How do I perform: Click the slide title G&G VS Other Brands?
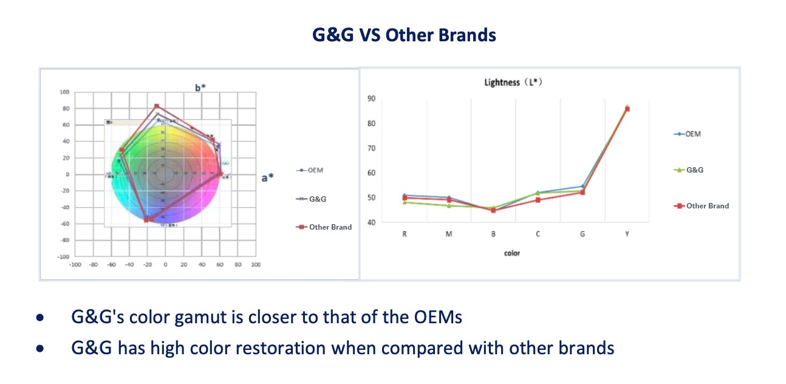pos(404,35)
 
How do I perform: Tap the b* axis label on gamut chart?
pos(201,87)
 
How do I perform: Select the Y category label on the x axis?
pos(627,234)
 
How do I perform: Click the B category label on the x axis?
pos(493,234)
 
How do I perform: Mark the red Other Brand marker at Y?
pos(627,109)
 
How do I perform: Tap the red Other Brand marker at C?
pos(538,200)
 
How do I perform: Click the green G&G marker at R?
pos(405,202)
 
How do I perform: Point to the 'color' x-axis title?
pos(512,253)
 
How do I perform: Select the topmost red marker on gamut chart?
pos(156,106)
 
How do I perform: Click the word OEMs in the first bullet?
pos(437,317)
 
